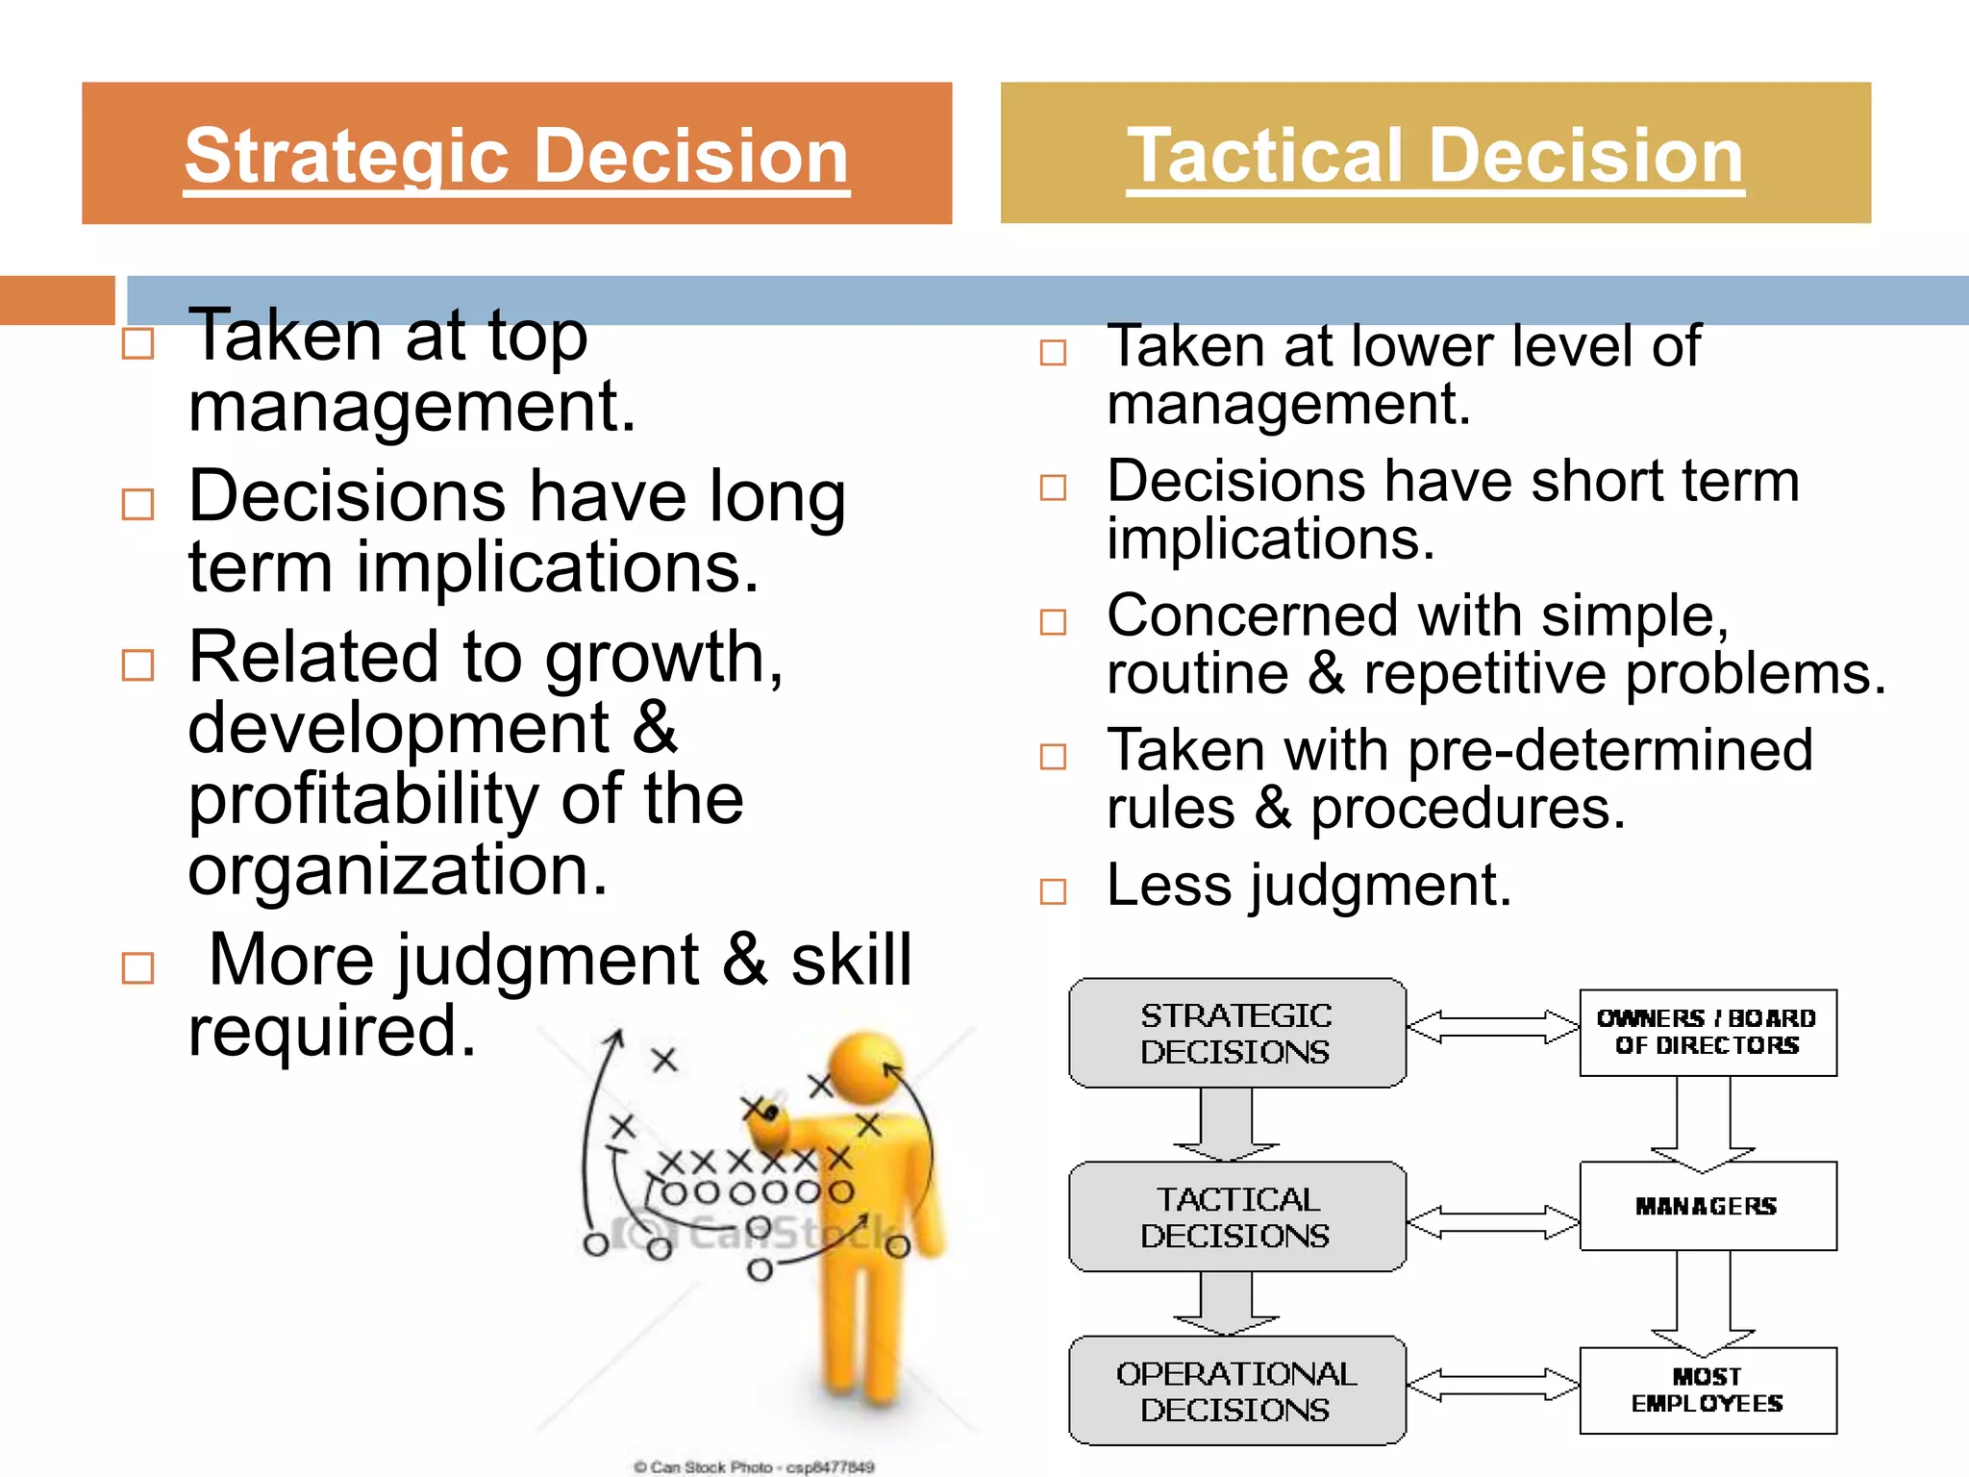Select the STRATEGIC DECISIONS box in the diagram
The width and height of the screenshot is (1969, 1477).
click(x=1236, y=1033)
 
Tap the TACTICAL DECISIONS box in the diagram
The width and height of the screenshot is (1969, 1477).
click(x=1236, y=1216)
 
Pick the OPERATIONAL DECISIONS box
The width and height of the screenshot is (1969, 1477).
click(x=1236, y=1390)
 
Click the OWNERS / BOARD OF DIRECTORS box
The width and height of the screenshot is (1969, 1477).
click(x=1707, y=1032)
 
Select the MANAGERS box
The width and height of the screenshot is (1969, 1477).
click(x=1707, y=1206)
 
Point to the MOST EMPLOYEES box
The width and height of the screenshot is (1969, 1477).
click(x=1707, y=1389)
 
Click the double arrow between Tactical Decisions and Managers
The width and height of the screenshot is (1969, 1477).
click(x=1493, y=1221)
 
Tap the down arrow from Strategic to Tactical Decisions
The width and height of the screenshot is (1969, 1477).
click(x=1226, y=1123)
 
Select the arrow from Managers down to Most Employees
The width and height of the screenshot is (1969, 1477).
click(x=1704, y=1300)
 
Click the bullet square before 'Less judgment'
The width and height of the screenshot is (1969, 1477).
click(x=1054, y=891)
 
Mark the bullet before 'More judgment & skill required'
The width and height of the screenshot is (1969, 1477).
click(x=138, y=968)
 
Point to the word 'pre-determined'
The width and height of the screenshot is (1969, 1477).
click(x=1609, y=750)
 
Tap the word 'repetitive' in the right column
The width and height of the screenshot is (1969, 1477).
click(x=1484, y=673)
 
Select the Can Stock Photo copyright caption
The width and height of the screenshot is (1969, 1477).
click(x=754, y=1466)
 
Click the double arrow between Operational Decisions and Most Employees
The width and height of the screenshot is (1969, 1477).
click(x=1493, y=1385)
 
